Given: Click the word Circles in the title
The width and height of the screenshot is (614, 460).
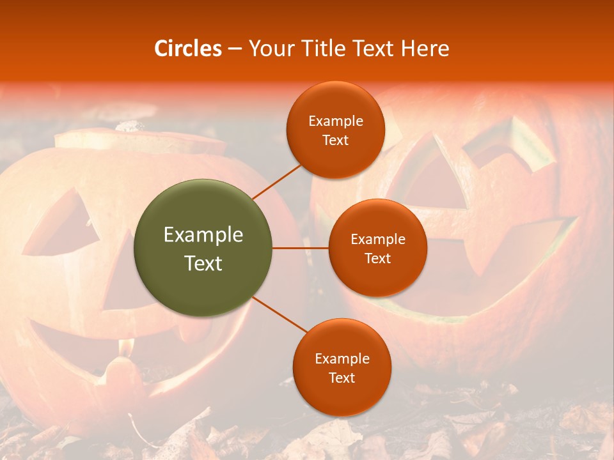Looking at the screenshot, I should (188, 49).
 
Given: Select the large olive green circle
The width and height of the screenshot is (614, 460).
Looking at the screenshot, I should (203, 248).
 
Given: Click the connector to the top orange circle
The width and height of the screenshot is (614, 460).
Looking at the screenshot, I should (276, 181).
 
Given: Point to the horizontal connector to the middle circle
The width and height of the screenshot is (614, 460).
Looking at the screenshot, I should (301, 248).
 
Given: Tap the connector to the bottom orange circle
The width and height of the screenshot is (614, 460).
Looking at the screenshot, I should (279, 315).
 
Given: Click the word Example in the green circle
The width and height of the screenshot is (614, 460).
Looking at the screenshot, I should (203, 234).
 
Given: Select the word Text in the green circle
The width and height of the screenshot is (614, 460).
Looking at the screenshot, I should (203, 263).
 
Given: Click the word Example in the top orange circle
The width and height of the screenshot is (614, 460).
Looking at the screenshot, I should (336, 121).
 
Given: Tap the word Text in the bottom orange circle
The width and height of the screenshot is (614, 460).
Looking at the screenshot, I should (342, 378).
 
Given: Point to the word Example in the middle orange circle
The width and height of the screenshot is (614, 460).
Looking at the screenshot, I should (377, 239).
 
